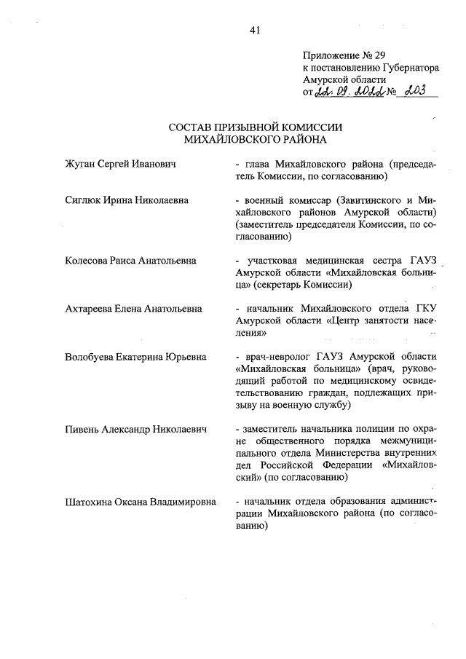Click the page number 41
tap(254, 30)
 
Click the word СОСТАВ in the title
tap(192, 127)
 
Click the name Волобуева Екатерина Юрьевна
tap(135, 357)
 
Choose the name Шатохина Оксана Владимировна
tap(140, 502)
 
